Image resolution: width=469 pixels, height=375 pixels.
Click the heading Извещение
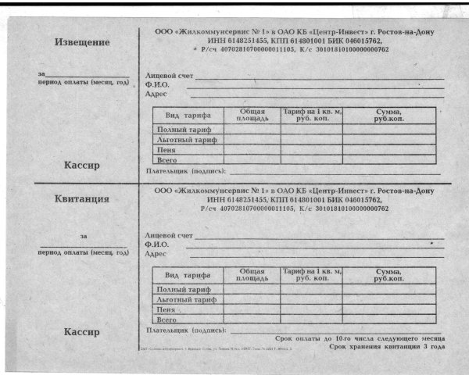(x=81, y=41)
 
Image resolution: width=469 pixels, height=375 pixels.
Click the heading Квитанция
(x=81, y=198)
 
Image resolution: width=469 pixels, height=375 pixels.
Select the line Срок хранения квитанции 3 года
(x=387, y=345)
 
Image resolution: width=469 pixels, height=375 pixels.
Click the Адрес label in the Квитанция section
(x=156, y=254)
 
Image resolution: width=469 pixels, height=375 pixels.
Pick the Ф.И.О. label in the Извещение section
(x=158, y=84)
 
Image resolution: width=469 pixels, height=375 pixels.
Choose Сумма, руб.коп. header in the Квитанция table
(x=388, y=274)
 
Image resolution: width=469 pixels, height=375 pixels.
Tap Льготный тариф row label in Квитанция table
(x=187, y=299)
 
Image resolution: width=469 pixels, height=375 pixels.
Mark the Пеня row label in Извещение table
(x=166, y=149)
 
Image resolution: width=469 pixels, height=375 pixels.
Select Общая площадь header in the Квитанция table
(x=252, y=274)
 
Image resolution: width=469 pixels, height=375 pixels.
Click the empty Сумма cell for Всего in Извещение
(x=388, y=159)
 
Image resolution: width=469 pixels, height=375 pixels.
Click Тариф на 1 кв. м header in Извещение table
(x=311, y=115)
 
